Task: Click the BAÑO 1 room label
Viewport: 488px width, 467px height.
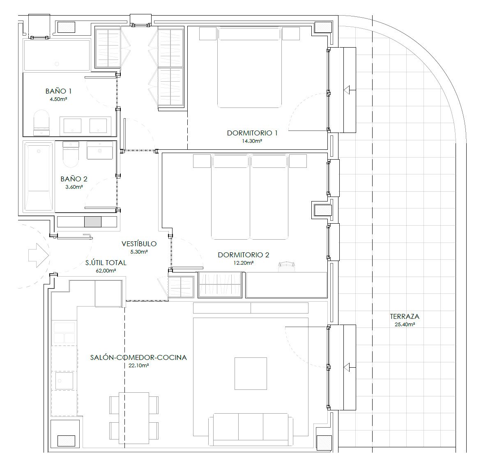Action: tap(58, 91)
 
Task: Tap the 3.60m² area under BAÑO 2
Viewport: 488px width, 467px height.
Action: tap(74, 187)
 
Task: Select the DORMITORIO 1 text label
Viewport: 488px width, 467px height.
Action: tap(252, 133)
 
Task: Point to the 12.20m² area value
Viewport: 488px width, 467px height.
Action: tap(244, 263)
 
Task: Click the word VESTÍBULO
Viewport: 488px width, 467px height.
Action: tap(139, 244)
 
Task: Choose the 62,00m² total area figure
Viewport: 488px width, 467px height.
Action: tap(106, 270)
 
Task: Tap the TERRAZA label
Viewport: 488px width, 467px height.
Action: tap(405, 316)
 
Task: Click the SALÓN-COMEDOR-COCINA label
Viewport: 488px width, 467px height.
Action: tap(138, 357)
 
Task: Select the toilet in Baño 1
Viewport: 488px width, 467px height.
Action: tap(41, 123)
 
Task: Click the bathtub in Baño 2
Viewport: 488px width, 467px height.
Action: tap(38, 176)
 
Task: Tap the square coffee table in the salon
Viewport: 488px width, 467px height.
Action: tap(251, 373)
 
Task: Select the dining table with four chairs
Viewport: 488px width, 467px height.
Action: tap(134, 418)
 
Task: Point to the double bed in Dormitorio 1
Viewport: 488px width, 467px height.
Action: tap(250, 67)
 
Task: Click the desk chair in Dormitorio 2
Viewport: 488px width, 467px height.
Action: tap(286, 267)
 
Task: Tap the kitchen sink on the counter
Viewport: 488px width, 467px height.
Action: tap(64, 380)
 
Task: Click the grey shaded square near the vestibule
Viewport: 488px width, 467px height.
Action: tap(93, 222)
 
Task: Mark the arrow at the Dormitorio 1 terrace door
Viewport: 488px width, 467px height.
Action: tap(350, 90)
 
